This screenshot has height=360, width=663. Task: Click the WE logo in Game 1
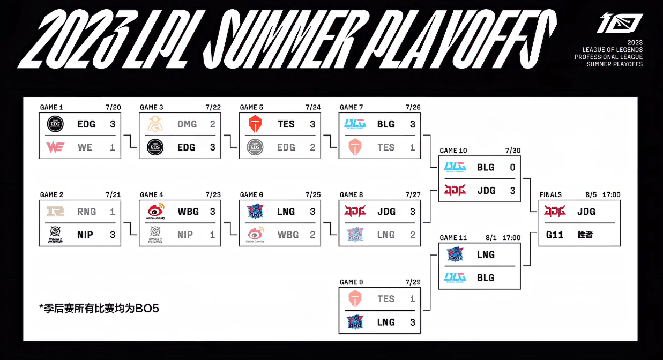[x=55, y=147]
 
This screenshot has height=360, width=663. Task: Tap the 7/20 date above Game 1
[x=113, y=107]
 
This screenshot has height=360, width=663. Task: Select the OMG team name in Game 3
[x=187, y=124]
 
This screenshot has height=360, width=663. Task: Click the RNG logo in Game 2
[x=55, y=211]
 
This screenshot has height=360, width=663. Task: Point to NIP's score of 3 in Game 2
[x=113, y=235]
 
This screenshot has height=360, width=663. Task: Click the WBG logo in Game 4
[x=155, y=211]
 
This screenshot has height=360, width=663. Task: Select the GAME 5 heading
[x=251, y=107]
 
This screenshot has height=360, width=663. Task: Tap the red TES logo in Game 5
[x=255, y=124]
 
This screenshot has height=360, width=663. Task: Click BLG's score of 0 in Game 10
[x=512, y=168]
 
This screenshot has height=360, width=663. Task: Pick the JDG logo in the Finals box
[x=555, y=211]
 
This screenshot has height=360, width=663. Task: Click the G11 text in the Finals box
[x=555, y=235]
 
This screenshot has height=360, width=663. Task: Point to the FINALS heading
[x=550, y=194]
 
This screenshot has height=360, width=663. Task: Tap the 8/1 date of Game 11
[x=491, y=238]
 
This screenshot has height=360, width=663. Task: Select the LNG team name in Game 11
[x=486, y=254]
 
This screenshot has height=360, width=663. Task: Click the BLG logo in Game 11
[x=455, y=277]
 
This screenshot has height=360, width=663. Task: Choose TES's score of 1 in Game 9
[x=413, y=299]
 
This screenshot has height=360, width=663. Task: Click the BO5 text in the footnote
[x=147, y=309]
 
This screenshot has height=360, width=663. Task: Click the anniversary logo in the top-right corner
[x=620, y=23]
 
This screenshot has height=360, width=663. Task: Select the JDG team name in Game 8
[x=386, y=212]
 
